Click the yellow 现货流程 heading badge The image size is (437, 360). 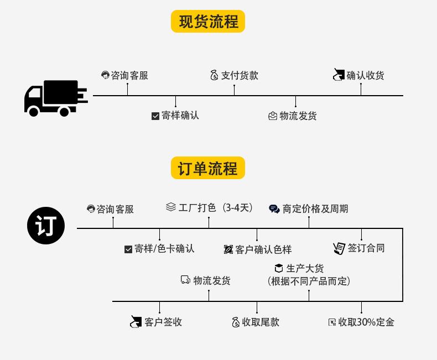point(208,22)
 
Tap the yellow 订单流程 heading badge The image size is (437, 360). point(208,168)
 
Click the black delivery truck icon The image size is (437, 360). point(56,98)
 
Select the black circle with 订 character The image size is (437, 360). point(46,226)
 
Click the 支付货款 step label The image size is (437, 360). point(240,75)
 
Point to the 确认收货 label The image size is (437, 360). point(366,75)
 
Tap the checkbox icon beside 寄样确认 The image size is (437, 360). point(155,116)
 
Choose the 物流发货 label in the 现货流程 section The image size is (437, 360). point(298,116)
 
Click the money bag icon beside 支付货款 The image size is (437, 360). point(214,75)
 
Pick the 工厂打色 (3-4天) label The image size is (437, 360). point(216,207)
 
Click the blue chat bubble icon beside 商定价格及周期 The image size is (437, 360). point(274,208)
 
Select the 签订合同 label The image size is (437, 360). point(366,248)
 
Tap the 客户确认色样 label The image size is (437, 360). point(263,249)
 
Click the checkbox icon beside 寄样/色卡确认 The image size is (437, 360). point(128,249)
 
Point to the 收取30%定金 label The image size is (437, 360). point(366,322)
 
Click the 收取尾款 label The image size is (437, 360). point(261,322)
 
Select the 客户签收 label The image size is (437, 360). point(163,322)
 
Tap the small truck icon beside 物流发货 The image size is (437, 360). point(185,280)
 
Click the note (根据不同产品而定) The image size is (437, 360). point(309,281)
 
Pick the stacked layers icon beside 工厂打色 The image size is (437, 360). point(171,207)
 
